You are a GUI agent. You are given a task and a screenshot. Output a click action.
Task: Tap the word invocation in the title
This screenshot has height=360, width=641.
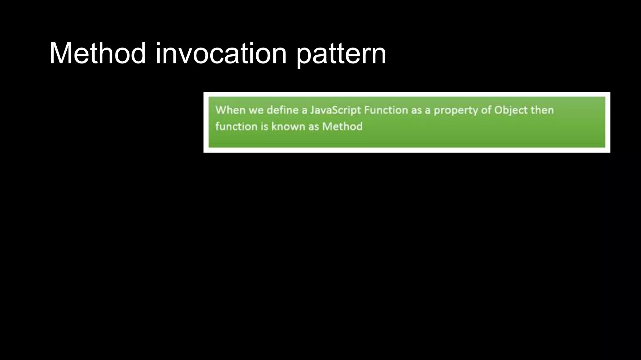221,53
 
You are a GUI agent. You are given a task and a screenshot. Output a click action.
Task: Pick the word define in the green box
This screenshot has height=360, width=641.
282,110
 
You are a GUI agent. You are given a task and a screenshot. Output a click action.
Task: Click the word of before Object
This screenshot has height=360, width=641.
486,110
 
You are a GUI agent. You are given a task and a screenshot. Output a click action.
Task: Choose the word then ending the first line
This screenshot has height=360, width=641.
542,110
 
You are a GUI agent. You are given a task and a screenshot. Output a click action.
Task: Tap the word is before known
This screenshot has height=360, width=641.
264,127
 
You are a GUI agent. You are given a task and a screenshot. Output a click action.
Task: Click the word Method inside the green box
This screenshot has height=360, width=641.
342,127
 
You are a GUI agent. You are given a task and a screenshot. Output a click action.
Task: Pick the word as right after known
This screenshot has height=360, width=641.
314,127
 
